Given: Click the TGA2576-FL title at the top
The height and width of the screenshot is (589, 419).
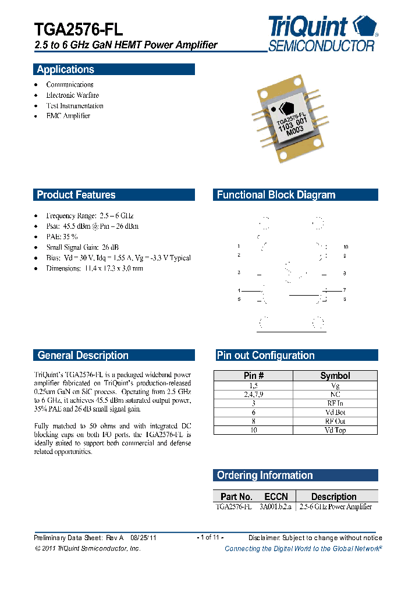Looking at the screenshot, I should pos(79,30).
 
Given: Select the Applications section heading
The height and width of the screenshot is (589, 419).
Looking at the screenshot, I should pos(65,70).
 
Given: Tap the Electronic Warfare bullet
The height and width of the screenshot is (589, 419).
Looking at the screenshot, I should pos(73,95).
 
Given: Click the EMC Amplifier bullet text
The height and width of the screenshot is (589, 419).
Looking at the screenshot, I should pos(68,116).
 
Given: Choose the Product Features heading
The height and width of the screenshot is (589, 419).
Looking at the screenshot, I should pos(76,195).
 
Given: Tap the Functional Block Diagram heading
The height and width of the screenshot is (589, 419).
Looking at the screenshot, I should pos(276,195).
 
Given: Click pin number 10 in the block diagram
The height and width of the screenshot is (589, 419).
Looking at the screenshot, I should pos(345,247).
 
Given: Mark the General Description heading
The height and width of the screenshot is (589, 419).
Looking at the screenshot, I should pos(83,356).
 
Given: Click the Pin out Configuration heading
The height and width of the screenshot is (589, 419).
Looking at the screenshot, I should pos(265,356).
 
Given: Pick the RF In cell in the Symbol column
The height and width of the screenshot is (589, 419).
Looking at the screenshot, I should pos(335,403).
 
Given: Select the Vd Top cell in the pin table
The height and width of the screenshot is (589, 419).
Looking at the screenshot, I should pos(335,430).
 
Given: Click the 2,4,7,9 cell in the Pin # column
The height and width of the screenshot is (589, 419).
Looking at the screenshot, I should pos(254,394).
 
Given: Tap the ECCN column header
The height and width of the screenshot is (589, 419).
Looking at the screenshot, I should pos(276,496).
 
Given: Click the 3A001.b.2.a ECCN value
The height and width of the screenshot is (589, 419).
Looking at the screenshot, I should pos(276,506).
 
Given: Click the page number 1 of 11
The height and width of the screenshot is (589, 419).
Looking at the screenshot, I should pos(210,537).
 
